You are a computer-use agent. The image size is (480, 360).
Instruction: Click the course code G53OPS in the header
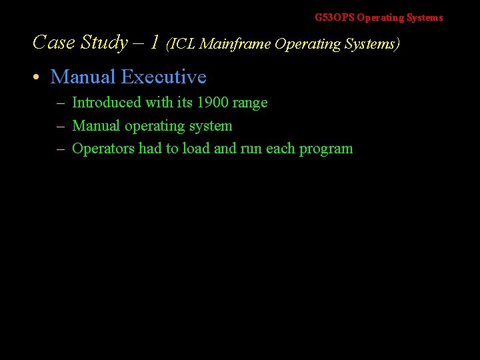pos(335,18)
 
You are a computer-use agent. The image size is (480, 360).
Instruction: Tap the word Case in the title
pos(53,43)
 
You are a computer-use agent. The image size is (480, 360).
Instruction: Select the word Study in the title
pos(104,43)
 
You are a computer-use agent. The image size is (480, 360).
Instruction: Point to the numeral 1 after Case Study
pos(154,43)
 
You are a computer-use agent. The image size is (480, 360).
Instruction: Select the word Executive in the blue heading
pos(163,77)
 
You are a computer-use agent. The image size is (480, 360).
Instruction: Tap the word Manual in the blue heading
pos(83,77)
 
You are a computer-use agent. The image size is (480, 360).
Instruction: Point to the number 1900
pos(213,103)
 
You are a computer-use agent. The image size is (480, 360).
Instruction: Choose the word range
pos(250,103)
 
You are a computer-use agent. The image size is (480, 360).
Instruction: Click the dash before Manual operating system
pos(60,126)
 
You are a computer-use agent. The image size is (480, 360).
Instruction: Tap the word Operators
pos(103,149)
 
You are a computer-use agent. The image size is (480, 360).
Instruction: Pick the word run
pos(251,149)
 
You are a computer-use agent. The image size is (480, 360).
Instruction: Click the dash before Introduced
pos(60,103)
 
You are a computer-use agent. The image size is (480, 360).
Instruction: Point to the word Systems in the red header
pos(425,18)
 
